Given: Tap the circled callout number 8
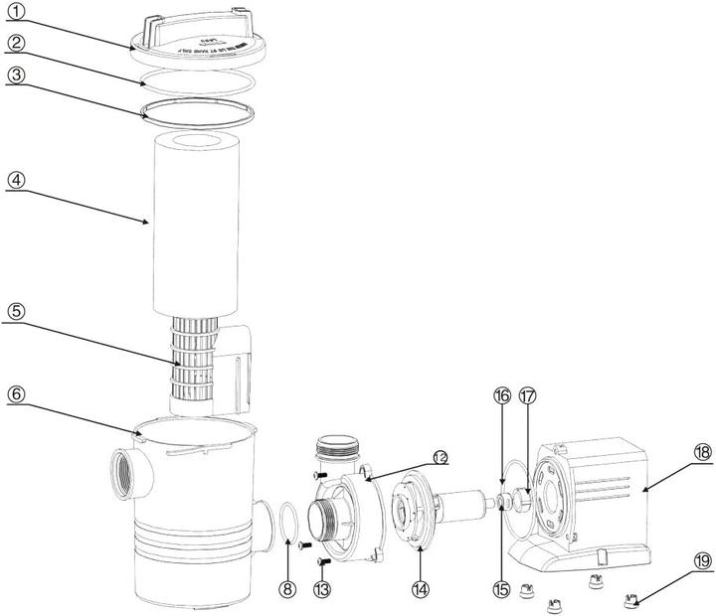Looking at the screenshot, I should tap(288, 561).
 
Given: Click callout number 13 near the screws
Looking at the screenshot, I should tap(321, 561).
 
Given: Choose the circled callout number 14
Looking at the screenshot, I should tap(421, 561).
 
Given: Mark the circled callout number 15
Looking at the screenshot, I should tap(501, 562).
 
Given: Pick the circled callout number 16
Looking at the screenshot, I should tap(501, 395).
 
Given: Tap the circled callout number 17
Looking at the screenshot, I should tap(528, 395).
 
